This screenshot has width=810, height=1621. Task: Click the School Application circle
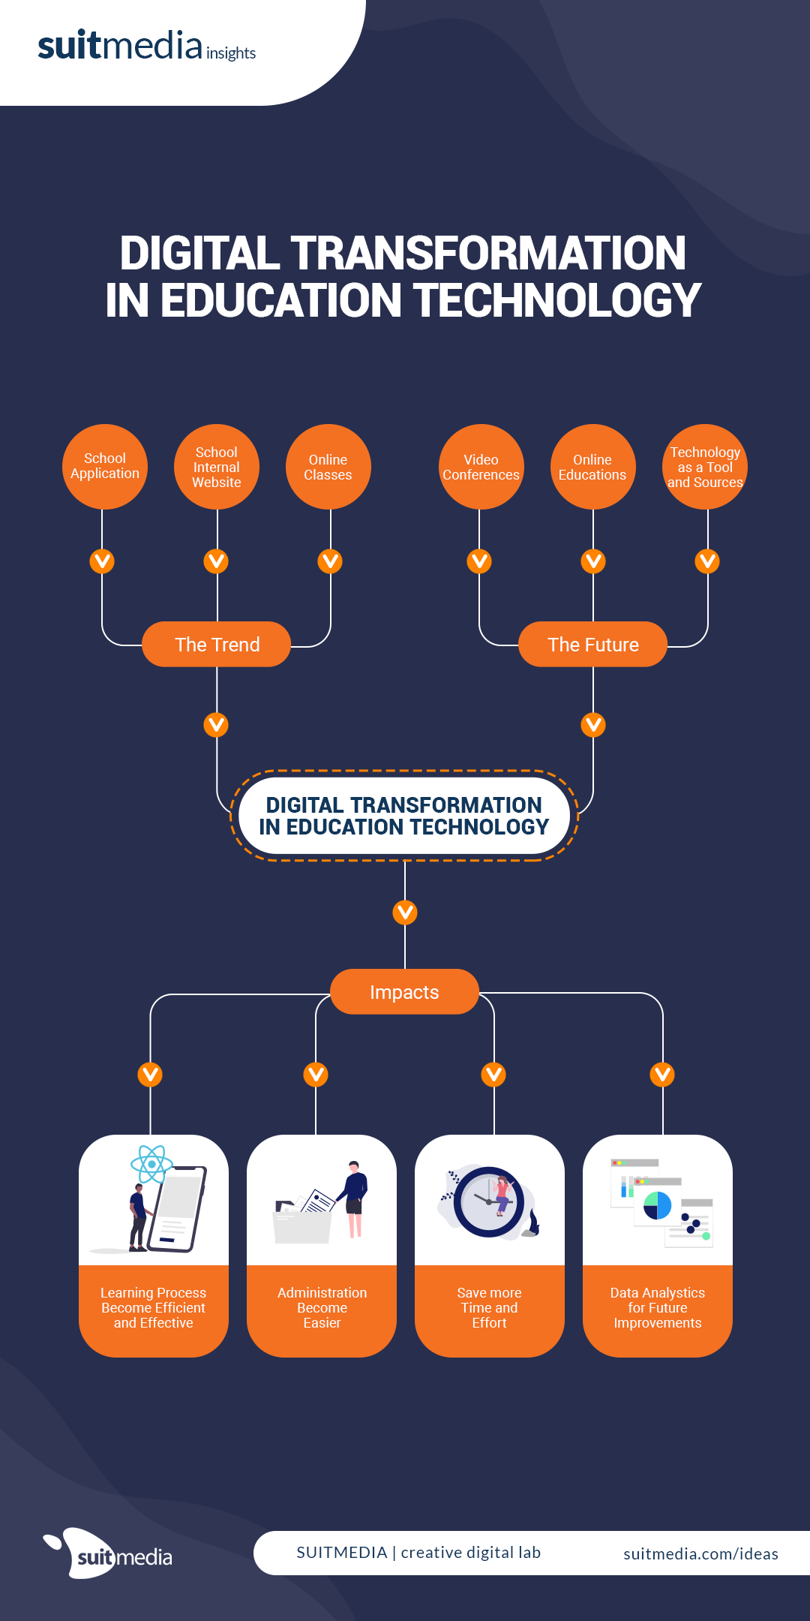point(105,467)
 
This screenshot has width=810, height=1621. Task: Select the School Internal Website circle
point(217,467)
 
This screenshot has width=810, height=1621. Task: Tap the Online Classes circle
point(328,467)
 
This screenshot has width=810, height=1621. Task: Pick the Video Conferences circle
point(481,467)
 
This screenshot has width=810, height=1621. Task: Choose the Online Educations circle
point(592,467)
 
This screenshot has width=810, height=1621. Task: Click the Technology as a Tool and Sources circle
point(705,467)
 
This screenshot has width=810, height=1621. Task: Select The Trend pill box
point(217,645)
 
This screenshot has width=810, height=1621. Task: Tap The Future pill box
point(592,645)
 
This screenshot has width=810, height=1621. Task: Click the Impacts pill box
point(404,992)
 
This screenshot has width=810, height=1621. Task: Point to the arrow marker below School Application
point(102,561)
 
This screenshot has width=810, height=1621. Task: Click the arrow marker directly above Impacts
point(405,913)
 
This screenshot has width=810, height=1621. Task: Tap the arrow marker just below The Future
point(593,724)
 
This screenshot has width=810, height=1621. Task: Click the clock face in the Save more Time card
point(488,1201)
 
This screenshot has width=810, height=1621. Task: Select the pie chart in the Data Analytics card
point(657,1205)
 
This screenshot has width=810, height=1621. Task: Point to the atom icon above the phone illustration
point(151,1164)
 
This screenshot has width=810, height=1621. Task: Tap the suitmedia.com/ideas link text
point(700,1553)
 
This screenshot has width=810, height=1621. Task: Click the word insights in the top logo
point(231,53)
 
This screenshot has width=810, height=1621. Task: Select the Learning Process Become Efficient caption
point(154,1307)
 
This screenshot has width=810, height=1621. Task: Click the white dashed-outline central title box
point(404,816)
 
